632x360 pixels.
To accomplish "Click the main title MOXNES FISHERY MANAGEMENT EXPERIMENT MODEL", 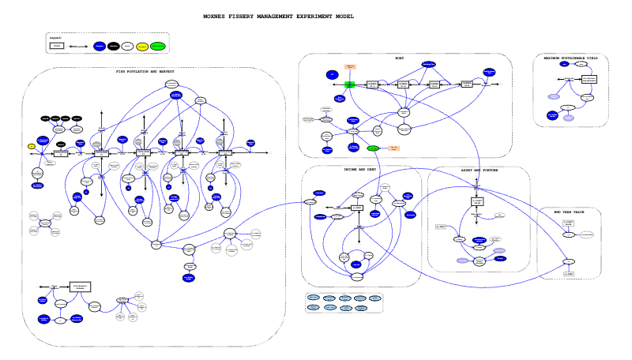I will pos(278,16).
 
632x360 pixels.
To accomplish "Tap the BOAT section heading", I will pos(399,58).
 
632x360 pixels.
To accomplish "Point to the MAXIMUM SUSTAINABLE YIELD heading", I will pos(570,58).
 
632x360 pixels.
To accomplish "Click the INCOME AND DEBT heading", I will pos(359,170).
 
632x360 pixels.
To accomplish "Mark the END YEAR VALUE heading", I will pos(568,212).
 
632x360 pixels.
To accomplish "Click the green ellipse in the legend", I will pos(158,47).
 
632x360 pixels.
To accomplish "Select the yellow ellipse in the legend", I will pos(142,47).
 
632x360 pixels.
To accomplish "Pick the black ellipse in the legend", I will pos(114,47).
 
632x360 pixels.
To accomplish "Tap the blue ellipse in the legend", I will pos(100,47).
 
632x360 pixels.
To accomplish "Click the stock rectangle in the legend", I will pos(57,47).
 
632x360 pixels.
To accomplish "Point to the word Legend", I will pos(55,37).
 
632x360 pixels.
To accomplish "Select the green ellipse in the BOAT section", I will pos(373,148).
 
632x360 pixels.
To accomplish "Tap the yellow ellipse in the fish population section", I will pos(32,146).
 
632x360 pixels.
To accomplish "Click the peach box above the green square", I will pos(350,68).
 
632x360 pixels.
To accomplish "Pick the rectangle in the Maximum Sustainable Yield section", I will pos(589,80).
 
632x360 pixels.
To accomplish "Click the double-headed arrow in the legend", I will pos(78,47).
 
